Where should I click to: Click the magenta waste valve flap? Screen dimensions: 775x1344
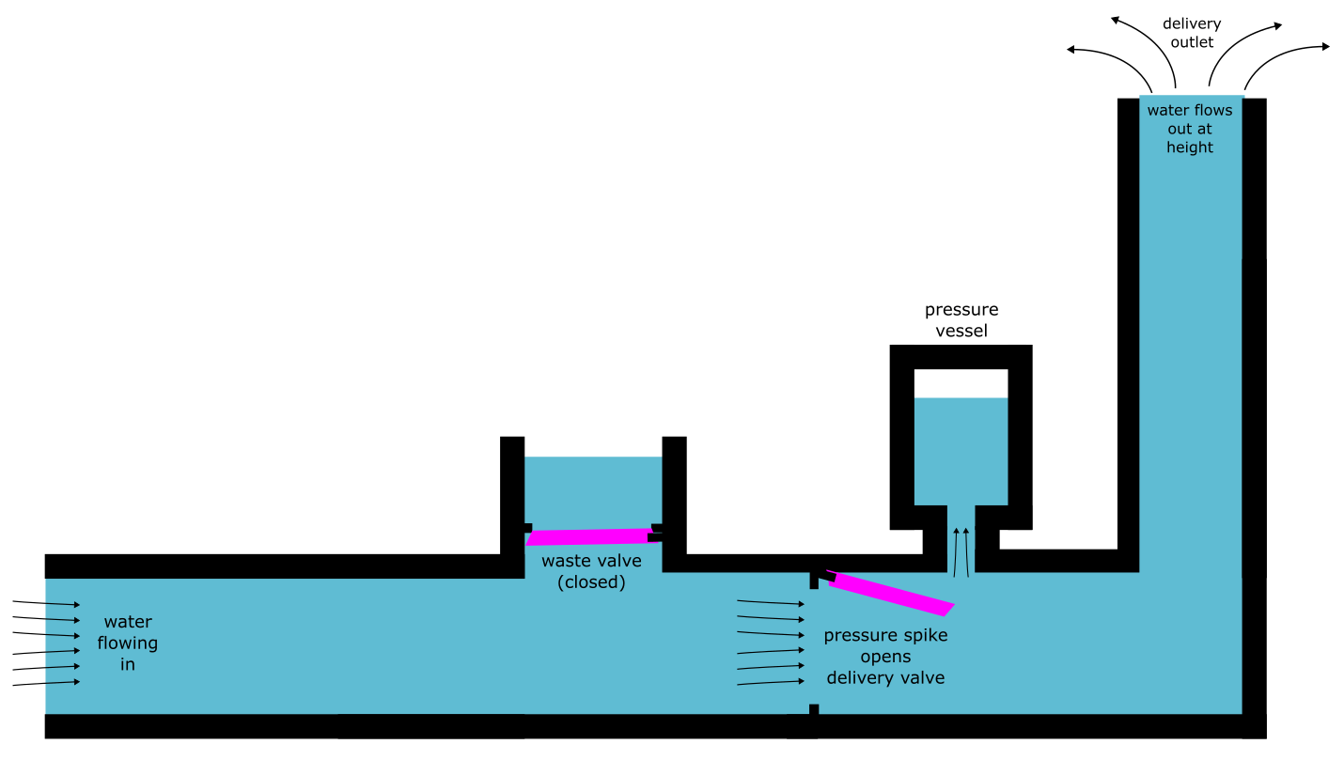pos(590,536)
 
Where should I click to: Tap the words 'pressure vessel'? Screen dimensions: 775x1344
pos(961,320)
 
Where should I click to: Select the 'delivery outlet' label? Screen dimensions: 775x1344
pos(1191,33)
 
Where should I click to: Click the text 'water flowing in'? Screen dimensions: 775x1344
pos(128,643)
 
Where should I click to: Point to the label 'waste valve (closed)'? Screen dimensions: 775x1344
pos(591,571)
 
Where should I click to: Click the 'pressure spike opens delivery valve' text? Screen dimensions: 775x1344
pos(885,657)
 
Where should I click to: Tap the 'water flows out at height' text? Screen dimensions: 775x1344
pos(1190,129)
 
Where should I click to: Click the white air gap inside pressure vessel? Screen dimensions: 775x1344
pos(961,382)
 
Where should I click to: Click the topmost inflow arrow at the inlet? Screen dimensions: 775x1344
pos(47,603)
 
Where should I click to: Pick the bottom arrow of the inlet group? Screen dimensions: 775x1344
pos(47,683)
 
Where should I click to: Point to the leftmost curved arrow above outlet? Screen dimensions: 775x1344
pos(1109,56)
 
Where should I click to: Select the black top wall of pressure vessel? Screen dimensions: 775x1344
pos(961,357)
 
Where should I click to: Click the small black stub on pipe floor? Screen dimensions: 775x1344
pos(814,709)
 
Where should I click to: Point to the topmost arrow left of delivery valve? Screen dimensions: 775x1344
pos(771,602)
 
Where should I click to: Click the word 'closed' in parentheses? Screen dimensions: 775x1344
pos(591,581)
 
